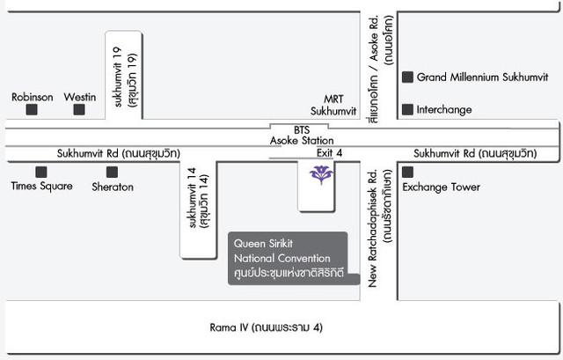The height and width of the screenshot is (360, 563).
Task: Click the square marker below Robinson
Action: pos(32,109)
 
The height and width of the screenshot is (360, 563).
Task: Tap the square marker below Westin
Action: pos(79,109)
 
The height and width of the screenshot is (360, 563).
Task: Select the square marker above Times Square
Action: pos(41,173)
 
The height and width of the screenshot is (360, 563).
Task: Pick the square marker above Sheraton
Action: pos(112,173)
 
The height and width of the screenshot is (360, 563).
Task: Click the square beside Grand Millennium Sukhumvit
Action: pos(407,77)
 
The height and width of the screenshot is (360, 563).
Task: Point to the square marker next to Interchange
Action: pos(407,109)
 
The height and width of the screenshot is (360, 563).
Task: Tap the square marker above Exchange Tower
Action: pos(407,173)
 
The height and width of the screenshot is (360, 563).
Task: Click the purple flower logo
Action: pos(321,175)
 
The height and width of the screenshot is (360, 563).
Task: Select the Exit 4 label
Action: pos(329,153)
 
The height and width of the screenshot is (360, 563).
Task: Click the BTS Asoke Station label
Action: pos(302,136)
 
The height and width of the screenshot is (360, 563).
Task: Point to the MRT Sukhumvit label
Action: pos(333,105)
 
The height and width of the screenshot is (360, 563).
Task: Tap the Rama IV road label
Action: pos(266,327)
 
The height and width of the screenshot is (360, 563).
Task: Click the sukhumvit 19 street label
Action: pos(125,77)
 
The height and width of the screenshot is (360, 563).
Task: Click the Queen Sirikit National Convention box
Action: pos(294,258)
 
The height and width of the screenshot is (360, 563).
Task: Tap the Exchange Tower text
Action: pos(441,187)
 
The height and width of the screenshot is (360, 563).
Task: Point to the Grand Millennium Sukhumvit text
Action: pos(483,77)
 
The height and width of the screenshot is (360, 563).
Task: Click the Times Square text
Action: pos(41,186)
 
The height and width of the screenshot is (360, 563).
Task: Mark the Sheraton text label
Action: pos(113,187)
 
